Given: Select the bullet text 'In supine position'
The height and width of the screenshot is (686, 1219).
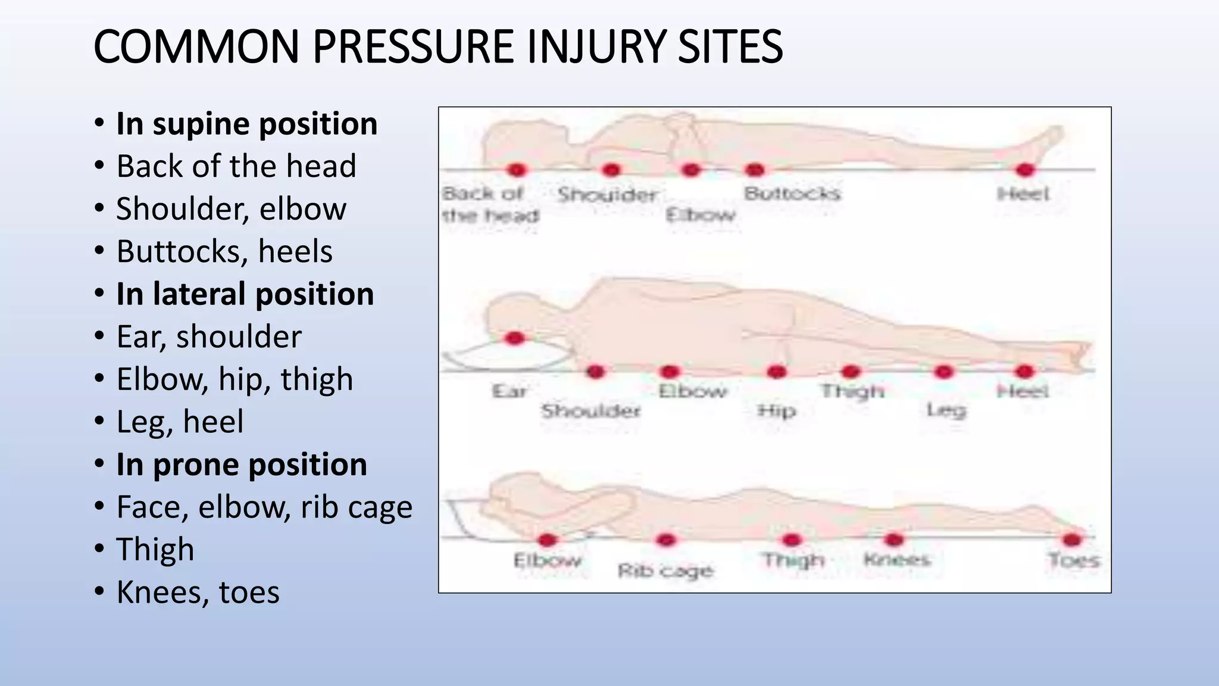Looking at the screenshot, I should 246,124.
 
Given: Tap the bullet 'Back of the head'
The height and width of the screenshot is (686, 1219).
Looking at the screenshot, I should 236,166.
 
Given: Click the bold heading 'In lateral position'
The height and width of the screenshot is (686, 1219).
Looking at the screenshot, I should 245,294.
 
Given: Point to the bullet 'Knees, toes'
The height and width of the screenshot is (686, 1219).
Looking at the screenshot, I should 198,593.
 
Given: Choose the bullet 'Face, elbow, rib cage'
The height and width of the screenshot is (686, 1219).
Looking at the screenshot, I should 264,507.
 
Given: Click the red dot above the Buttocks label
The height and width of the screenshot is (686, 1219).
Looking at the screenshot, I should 754,170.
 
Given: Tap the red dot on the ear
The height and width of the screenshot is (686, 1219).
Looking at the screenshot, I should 514,339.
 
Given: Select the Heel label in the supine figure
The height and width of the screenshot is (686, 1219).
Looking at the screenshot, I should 1023,194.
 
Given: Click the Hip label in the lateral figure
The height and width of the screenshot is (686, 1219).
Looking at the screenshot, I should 776,411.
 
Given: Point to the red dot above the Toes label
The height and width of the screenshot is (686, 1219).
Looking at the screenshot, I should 1071,540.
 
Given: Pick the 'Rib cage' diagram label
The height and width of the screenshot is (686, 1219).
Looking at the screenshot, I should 665,571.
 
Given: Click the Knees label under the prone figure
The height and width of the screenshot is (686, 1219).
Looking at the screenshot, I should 896,560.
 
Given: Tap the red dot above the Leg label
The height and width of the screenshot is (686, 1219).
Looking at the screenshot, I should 943,372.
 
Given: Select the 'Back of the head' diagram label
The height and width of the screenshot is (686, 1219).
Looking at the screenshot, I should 489,204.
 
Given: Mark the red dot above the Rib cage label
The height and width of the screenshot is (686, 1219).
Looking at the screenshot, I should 665,540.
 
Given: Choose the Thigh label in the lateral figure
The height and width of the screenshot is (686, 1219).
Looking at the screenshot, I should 852,391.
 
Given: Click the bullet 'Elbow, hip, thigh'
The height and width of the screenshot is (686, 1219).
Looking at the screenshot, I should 235,379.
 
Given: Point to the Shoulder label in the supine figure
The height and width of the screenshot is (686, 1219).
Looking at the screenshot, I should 607,195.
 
